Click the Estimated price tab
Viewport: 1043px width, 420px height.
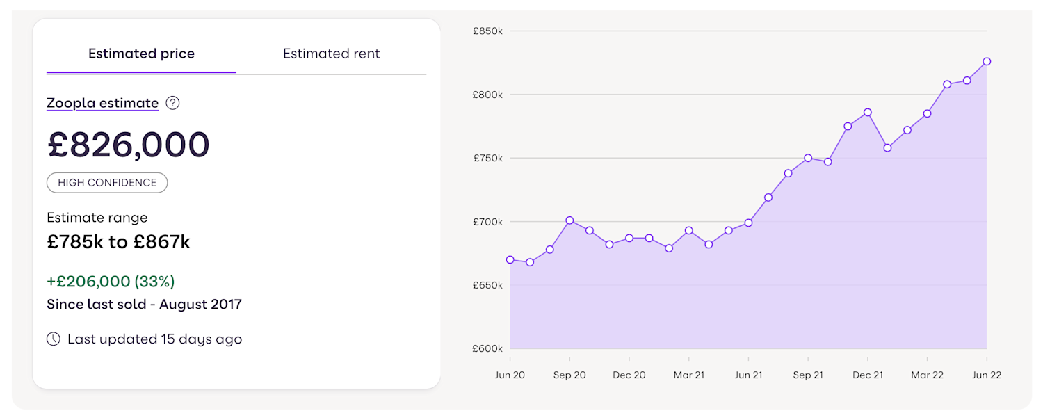141,54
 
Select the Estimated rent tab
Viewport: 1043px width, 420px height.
331,54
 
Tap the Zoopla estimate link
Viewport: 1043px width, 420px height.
102,103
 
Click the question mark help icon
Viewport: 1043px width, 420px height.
173,103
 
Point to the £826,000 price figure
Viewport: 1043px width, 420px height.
128,145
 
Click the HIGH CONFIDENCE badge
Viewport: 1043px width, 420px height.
107,183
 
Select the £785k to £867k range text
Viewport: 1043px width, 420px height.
118,242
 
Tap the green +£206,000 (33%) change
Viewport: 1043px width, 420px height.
111,282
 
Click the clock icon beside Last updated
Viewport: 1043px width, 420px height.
54,339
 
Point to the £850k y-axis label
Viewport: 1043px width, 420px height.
487,31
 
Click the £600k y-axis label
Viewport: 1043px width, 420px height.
487,348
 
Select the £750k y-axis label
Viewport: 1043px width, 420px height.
487,158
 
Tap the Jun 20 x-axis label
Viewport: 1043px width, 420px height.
510,375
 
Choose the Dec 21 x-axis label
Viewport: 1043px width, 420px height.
868,375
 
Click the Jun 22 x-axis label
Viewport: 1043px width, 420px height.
986,375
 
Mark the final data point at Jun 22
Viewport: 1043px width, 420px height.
987,61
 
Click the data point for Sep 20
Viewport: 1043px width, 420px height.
569,220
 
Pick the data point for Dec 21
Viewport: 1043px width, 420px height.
868,112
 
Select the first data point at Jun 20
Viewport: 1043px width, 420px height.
510,259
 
